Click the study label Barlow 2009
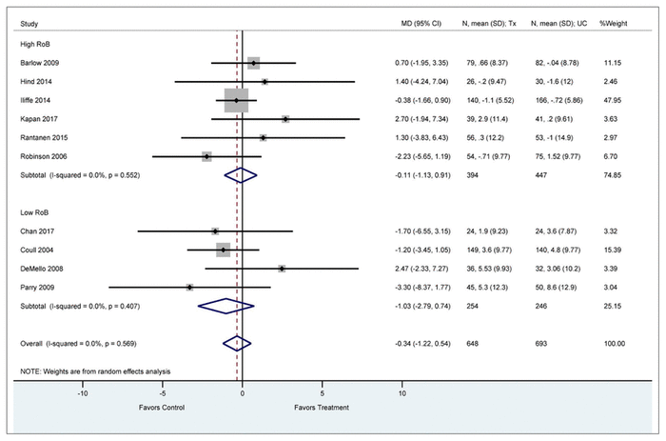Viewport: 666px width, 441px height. pos(37,63)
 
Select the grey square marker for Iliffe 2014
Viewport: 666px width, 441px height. pos(236,100)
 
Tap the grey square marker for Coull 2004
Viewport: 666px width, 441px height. pos(224,250)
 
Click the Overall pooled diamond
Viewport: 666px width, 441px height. pos(237,342)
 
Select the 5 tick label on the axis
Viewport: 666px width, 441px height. pos(323,391)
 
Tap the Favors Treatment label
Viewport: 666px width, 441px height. pos(322,408)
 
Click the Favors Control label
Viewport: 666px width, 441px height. pos(162,408)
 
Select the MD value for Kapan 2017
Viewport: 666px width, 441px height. pos(426,119)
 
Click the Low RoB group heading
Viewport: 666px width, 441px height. pos(34,211)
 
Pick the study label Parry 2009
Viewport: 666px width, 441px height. pos(35,287)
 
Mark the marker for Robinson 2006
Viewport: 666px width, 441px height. pos(206,156)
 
